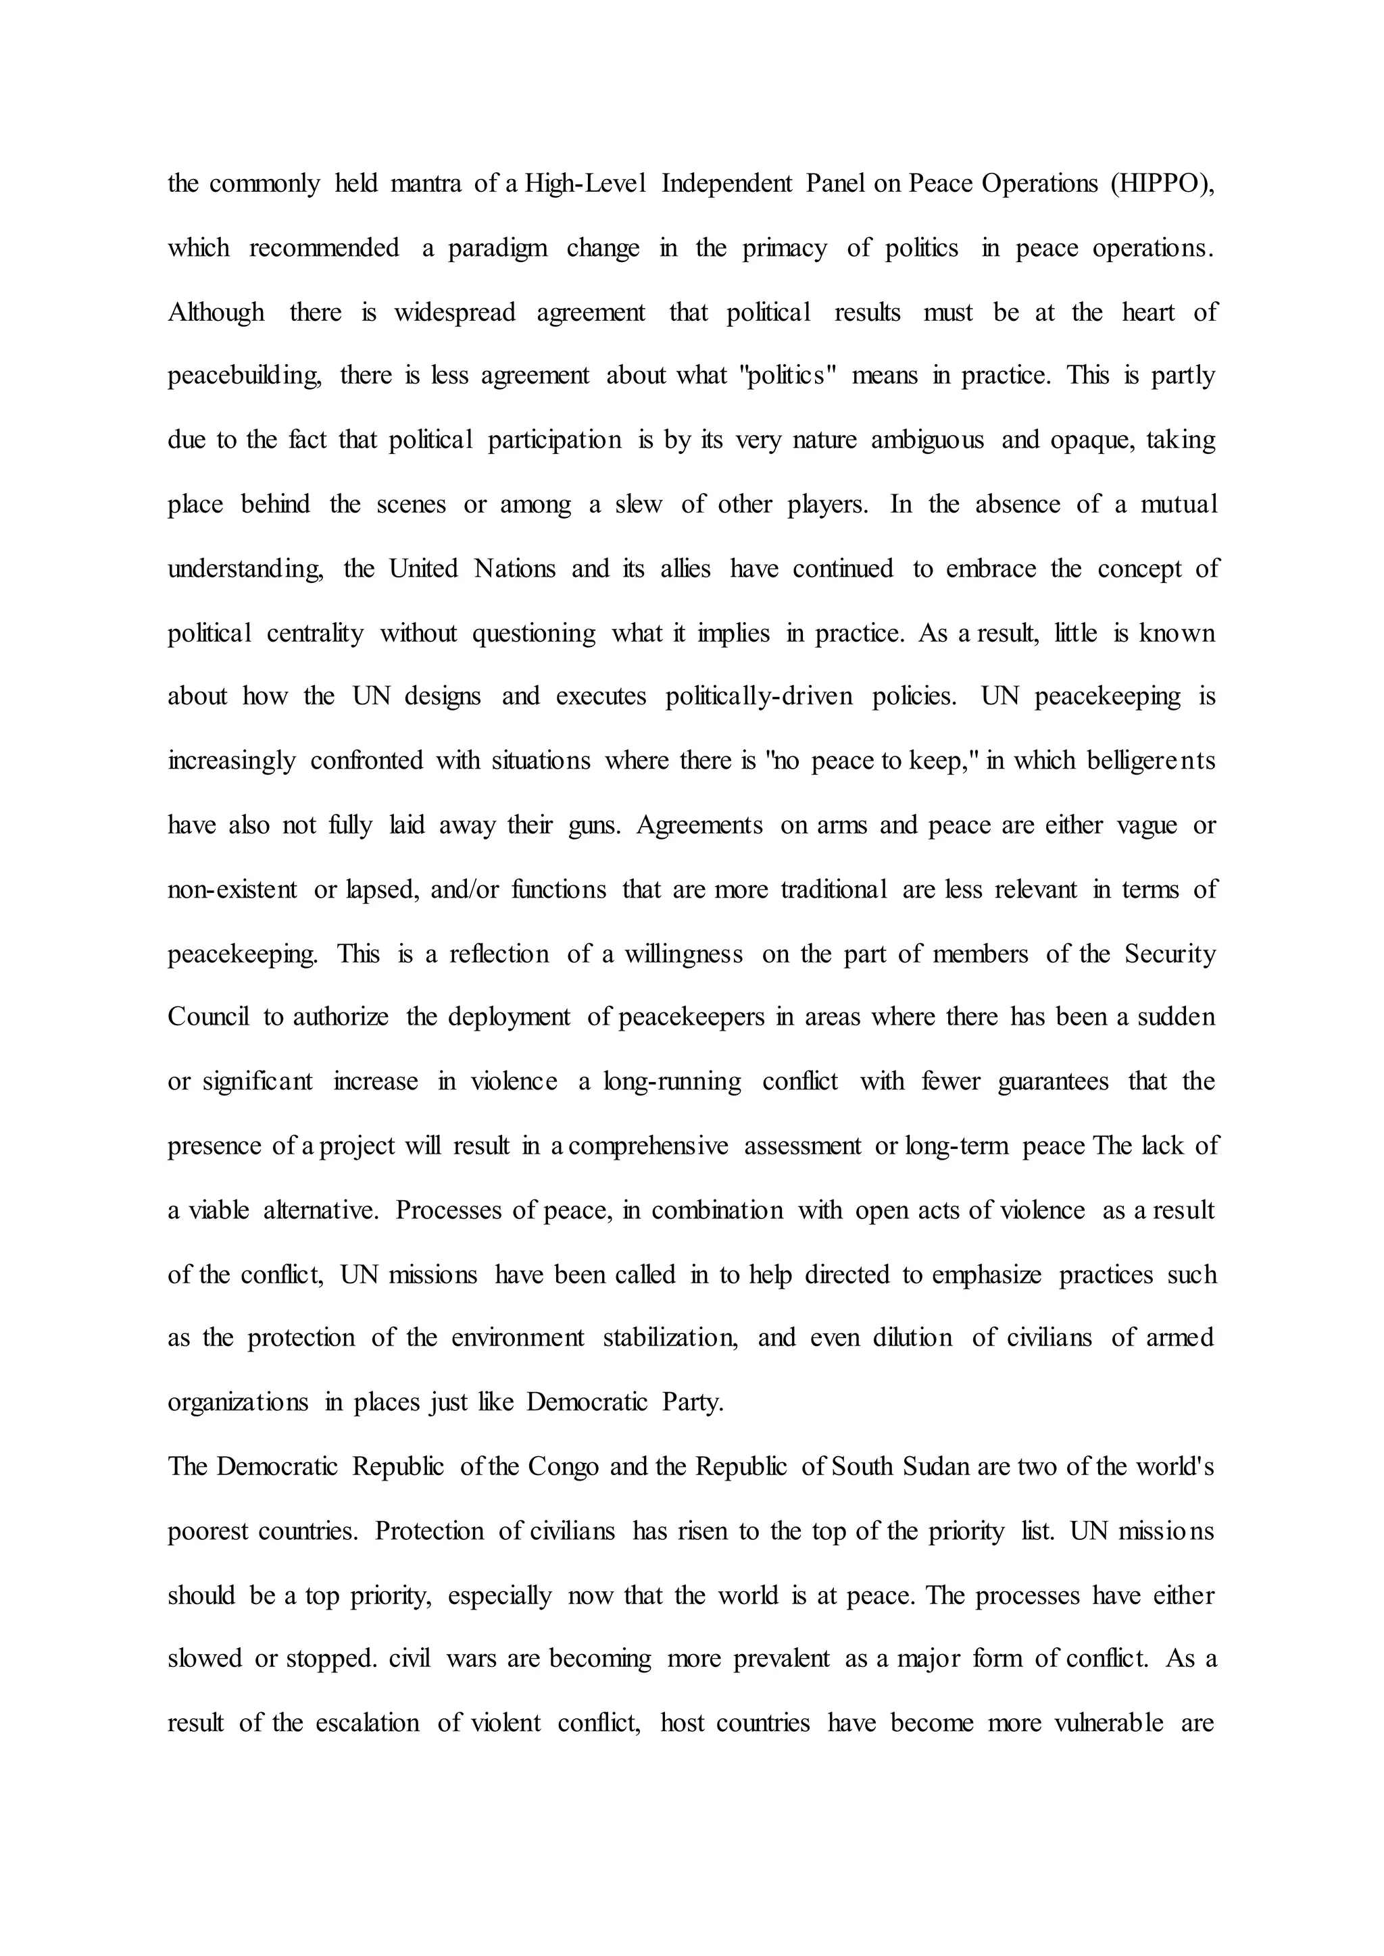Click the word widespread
point(454,313)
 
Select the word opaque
point(1090,440)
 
